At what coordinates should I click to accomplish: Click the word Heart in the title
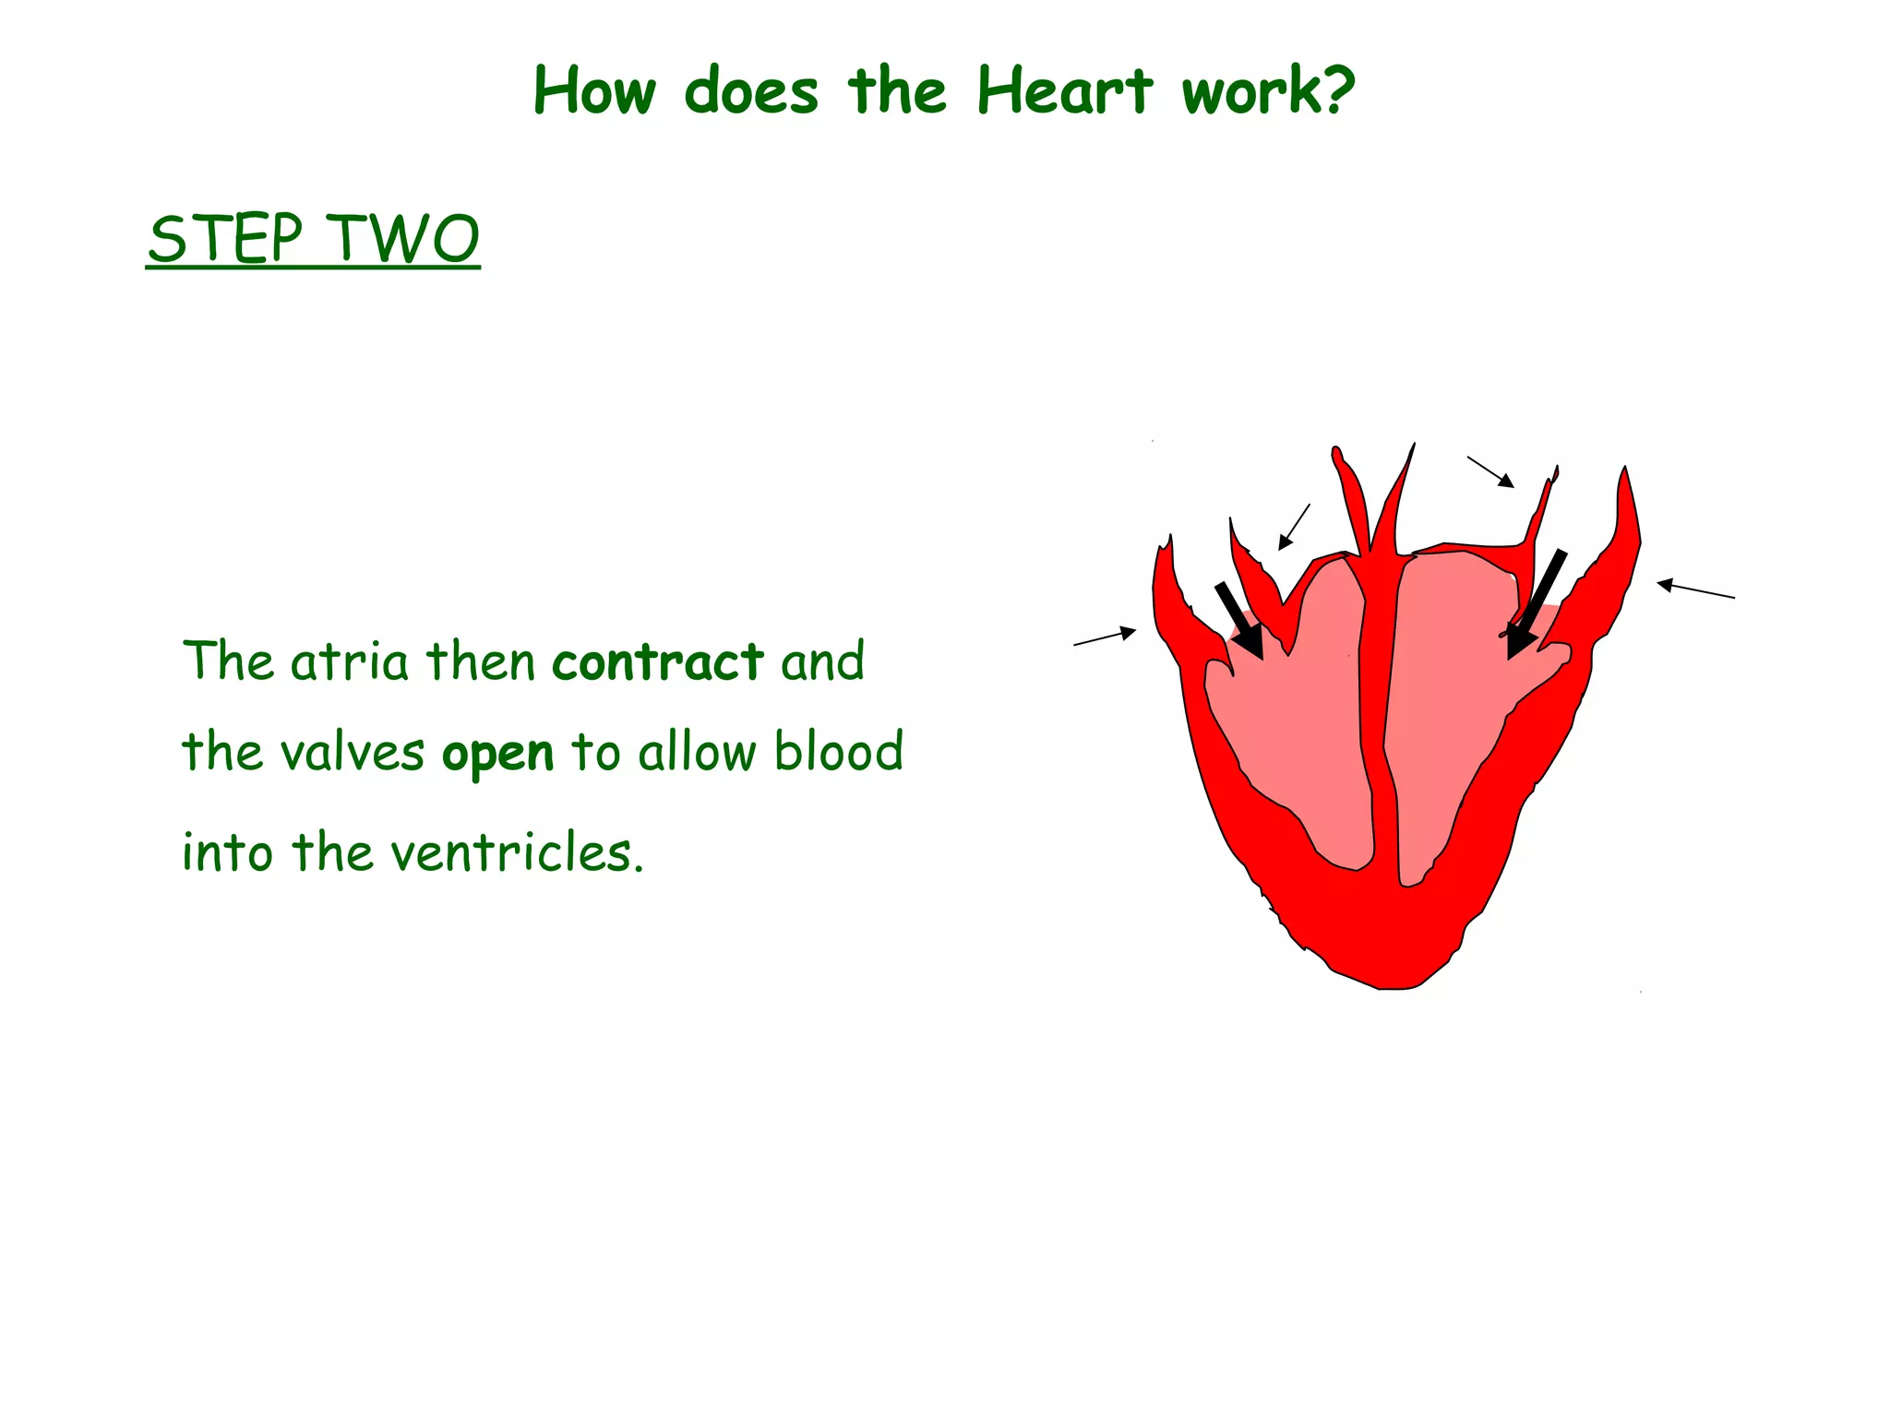(1064, 91)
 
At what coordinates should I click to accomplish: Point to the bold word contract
(657, 661)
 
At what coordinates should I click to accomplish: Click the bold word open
(497, 753)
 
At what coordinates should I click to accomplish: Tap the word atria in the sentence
(349, 661)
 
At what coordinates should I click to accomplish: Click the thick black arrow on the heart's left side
(1239, 621)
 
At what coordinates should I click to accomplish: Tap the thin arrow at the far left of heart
(1105, 637)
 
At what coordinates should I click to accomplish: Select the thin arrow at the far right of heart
(1695, 589)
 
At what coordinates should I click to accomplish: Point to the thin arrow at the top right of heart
(1490, 471)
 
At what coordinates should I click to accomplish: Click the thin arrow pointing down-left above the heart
(1294, 527)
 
